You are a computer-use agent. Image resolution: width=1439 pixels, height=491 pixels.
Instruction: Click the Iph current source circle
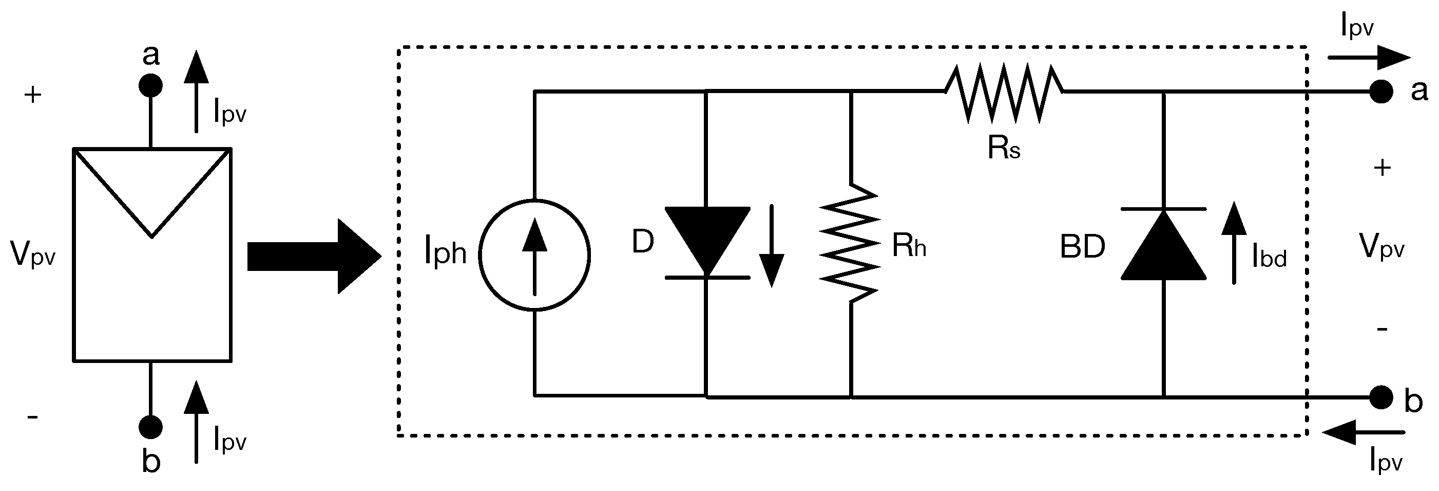click(534, 254)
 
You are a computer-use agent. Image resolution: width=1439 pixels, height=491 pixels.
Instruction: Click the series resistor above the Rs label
click(1004, 92)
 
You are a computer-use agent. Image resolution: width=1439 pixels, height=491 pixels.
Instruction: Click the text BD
click(1082, 247)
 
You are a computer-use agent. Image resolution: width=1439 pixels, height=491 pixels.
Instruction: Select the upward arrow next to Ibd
click(1234, 243)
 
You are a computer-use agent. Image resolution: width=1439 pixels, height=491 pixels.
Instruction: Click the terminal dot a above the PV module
click(151, 85)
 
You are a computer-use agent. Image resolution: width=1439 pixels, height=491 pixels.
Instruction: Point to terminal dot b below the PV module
click(151, 427)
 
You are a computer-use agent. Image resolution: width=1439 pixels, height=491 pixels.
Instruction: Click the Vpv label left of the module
click(33, 254)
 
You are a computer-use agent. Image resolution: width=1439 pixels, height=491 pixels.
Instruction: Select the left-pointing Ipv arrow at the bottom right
click(1364, 432)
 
